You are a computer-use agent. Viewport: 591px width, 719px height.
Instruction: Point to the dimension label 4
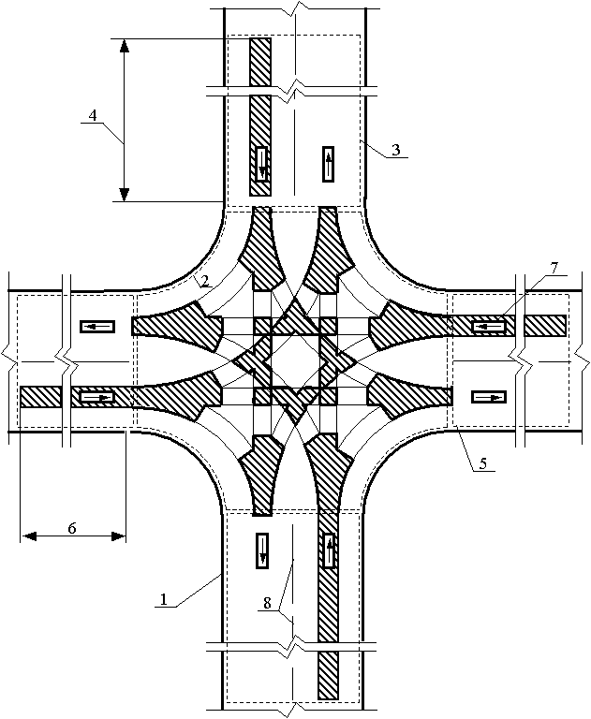coord(92,115)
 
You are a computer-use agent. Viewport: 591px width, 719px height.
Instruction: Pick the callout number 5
coord(482,462)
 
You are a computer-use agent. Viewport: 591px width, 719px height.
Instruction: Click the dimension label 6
coord(72,528)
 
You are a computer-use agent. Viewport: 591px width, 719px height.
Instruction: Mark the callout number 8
coord(268,604)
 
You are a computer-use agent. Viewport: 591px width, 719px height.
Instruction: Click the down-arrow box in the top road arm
coord(261,165)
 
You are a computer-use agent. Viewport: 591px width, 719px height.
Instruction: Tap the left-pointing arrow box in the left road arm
coord(97,326)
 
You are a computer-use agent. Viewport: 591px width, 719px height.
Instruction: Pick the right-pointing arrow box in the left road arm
coord(96,397)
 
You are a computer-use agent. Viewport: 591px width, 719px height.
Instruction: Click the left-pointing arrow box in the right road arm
coord(489,327)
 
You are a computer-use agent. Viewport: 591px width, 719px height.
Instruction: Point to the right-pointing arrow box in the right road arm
coord(489,397)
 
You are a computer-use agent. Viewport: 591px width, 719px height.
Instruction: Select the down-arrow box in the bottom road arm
coord(262,550)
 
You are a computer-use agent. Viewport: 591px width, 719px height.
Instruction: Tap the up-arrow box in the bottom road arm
coord(329,550)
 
